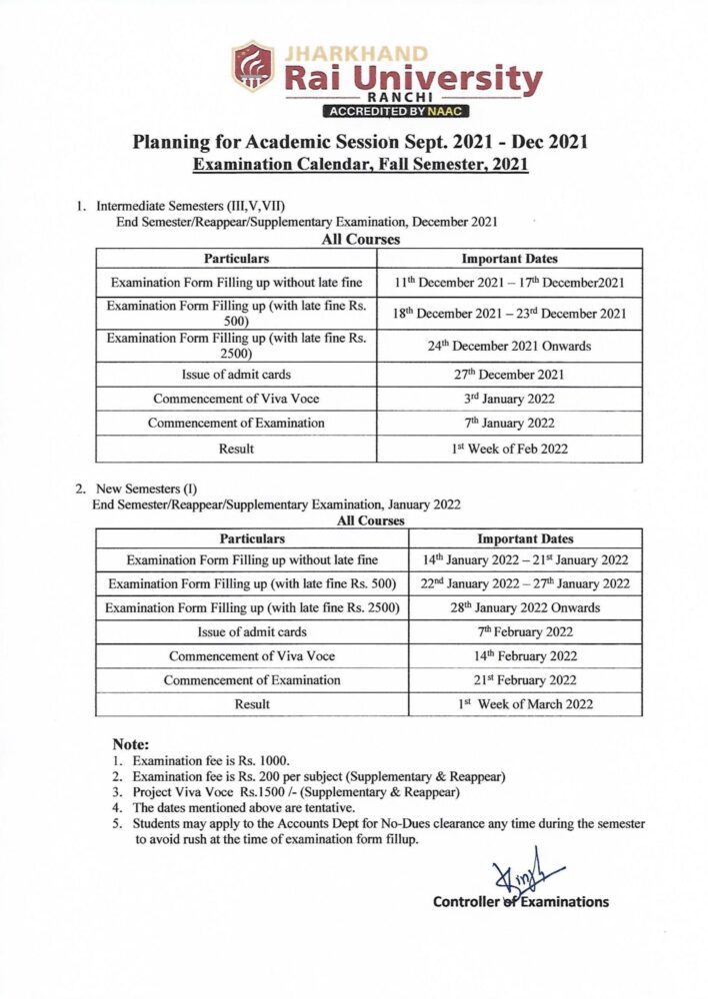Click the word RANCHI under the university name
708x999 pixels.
tap(398, 98)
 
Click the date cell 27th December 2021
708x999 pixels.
tap(507, 375)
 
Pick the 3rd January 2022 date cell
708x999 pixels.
tap(507, 399)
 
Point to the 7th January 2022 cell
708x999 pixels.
tap(507, 424)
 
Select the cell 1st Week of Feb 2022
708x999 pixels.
tap(507, 449)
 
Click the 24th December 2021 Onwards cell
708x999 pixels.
tap(507, 346)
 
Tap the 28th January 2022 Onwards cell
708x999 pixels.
tap(525, 607)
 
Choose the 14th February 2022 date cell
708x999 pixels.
tap(525, 656)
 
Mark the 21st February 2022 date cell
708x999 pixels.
tap(525, 680)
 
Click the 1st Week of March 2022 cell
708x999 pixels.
tap(525, 704)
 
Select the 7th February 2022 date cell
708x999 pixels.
tap(525, 631)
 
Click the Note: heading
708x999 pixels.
tap(130, 745)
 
